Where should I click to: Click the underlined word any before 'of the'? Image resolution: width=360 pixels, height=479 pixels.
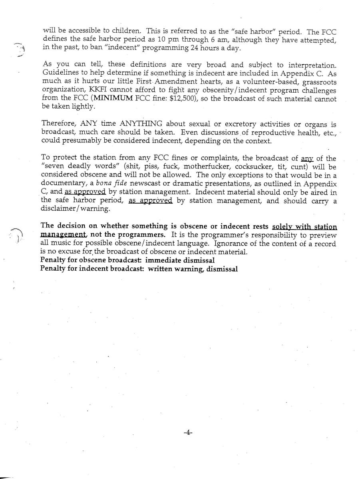[307, 159]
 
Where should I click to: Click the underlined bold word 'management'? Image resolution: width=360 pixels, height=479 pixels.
[64, 235]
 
